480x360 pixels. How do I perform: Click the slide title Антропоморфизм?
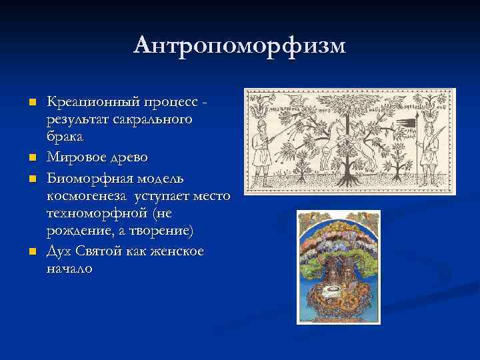click(x=239, y=45)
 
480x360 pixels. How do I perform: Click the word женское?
click(x=174, y=251)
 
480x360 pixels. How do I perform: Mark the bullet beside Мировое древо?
click(x=31, y=158)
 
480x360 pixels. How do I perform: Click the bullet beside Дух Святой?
click(x=31, y=252)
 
